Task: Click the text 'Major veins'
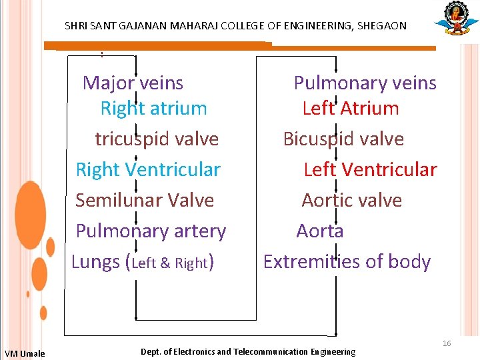pyautogui.click(x=133, y=83)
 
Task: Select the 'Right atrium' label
pyautogui.click(x=153, y=109)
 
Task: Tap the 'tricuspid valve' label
pyautogui.click(x=157, y=139)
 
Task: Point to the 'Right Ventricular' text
pyautogui.click(x=147, y=170)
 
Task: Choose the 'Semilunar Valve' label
pyautogui.click(x=145, y=201)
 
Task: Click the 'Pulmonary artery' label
pyautogui.click(x=151, y=231)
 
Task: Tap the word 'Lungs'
pyautogui.click(x=95, y=262)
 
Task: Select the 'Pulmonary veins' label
pyautogui.click(x=365, y=83)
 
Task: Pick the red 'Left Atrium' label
pyautogui.click(x=350, y=109)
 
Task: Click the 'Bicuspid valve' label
pyautogui.click(x=343, y=139)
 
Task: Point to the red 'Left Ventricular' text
pyautogui.click(x=370, y=170)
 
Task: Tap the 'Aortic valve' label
pyautogui.click(x=351, y=201)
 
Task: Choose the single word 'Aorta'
pyautogui.click(x=320, y=231)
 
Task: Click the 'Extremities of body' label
pyautogui.click(x=347, y=262)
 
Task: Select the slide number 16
pyautogui.click(x=447, y=343)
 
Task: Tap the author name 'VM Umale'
pyautogui.click(x=25, y=353)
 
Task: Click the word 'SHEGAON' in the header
pyautogui.click(x=382, y=26)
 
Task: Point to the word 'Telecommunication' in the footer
pyautogui.click(x=271, y=351)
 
